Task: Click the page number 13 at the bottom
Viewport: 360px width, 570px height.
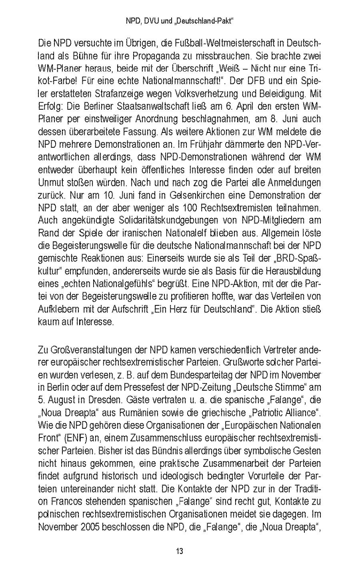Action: point(180,551)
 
